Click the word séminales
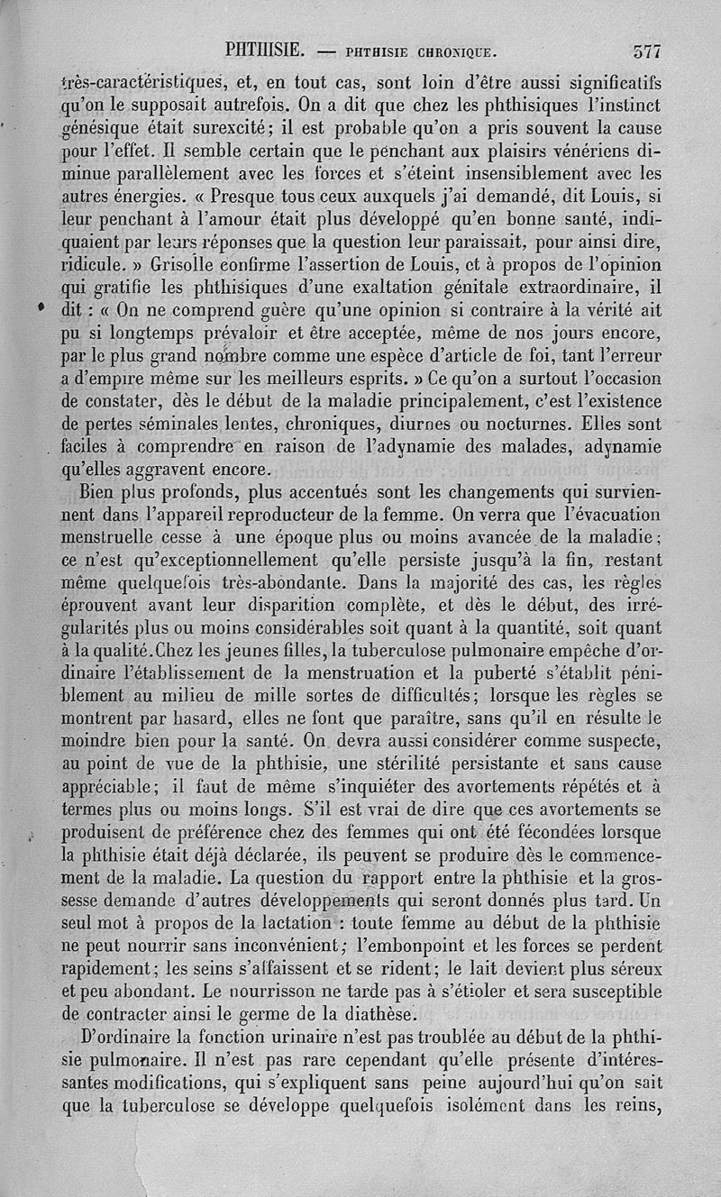[179, 424]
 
